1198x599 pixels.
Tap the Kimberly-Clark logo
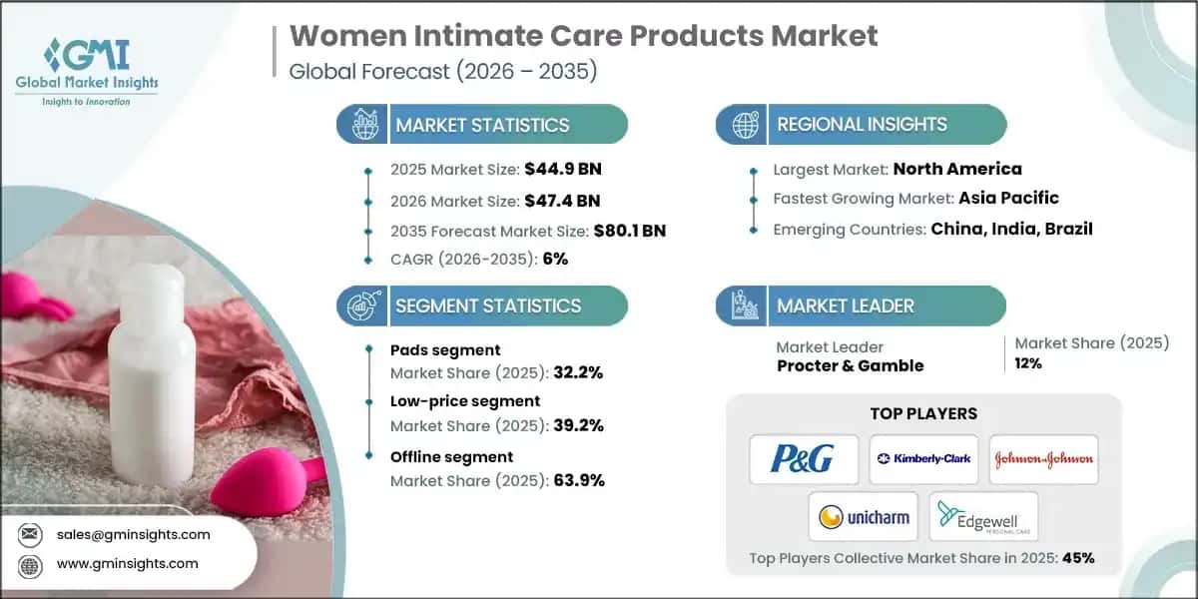point(923,459)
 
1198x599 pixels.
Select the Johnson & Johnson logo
point(1043,459)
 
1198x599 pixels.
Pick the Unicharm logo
point(864,516)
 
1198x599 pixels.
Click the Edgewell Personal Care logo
point(983,516)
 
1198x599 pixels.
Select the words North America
point(956,169)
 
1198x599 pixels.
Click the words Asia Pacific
point(1009,198)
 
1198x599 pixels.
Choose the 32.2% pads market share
point(576,372)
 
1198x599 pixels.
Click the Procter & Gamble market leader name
point(850,365)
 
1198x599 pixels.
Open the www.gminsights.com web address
point(128,564)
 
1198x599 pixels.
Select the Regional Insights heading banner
point(861,125)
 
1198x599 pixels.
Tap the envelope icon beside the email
point(30,534)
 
